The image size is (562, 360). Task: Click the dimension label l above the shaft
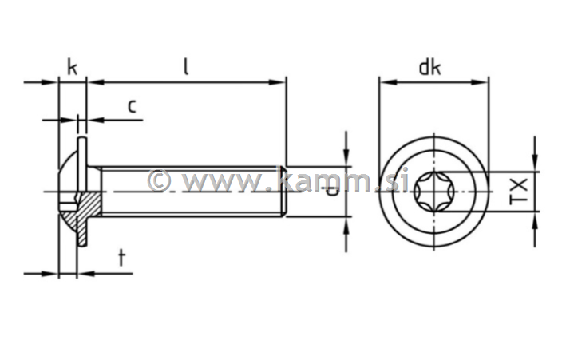coord(185,67)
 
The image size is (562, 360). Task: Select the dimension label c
coord(132,105)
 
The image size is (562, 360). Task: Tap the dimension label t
coord(121,257)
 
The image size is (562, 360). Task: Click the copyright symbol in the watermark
coord(159,180)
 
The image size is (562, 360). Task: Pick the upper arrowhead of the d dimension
coord(346,160)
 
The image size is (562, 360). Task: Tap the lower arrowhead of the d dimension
coord(346,222)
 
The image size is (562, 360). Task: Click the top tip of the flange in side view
coord(81,141)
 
